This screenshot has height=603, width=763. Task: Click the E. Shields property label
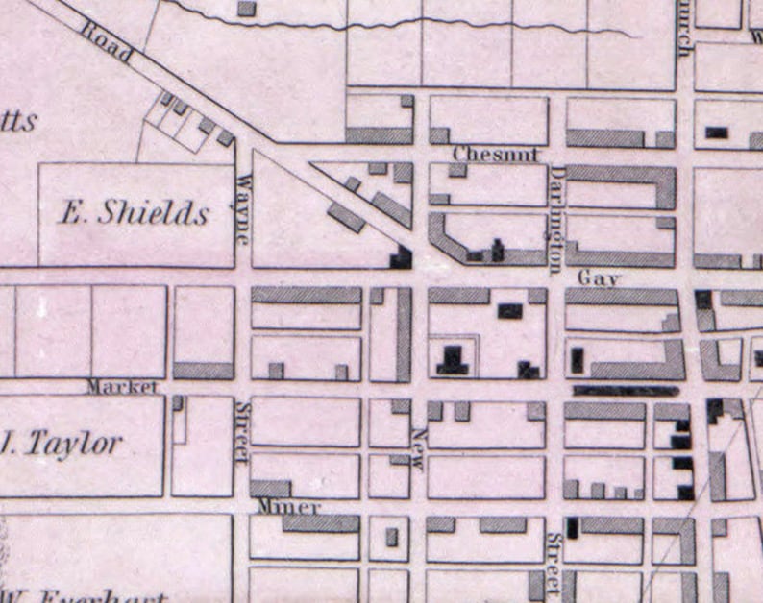click(x=134, y=212)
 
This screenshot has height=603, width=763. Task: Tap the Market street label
click(x=121, y=387)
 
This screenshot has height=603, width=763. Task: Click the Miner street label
click(x=289, y=506)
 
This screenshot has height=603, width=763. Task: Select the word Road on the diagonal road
click(x=106, y=40)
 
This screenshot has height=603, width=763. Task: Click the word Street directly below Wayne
click(x=243, y=431)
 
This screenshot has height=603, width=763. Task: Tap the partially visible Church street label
click(x=683, y=29)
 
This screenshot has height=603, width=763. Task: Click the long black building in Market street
click(x=626, y=391)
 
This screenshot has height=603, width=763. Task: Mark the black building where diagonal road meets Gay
click(x=400, y=256)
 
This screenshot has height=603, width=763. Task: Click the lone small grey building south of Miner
click(x=391, y=537)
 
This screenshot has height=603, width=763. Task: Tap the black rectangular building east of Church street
click(x=717, y=133)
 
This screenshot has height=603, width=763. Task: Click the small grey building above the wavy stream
click(x=247, y=8)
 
